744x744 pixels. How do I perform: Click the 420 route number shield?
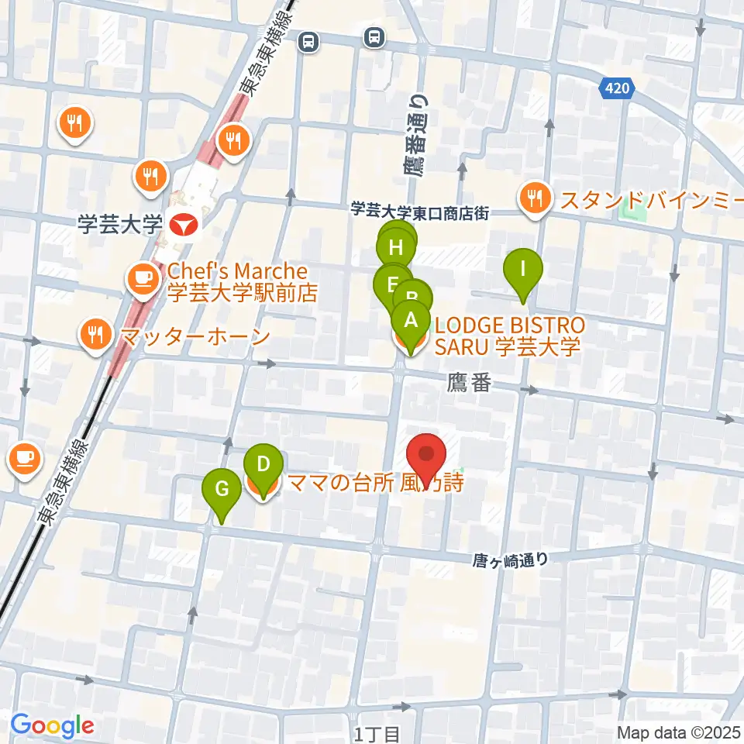click(x=617, y=90)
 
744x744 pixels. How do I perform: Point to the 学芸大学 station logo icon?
click(x=183, y=226)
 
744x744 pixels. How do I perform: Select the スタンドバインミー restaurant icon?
click(x=535, y=199)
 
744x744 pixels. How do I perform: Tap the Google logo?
click(x=52, y=725)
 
